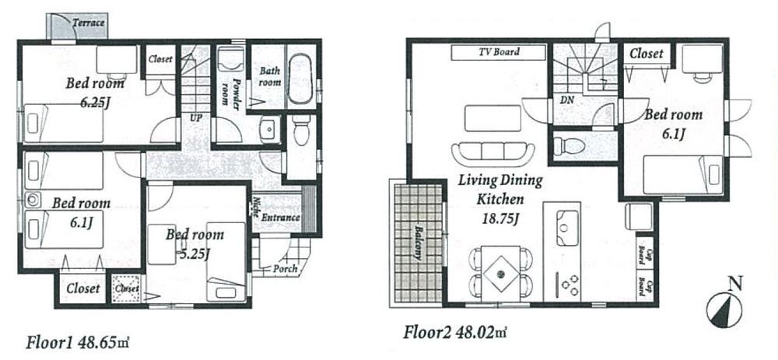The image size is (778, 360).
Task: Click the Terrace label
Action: pyautogui.click(x=89, y=23)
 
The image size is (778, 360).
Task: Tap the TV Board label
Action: pyautogui.click(x=498, y=52)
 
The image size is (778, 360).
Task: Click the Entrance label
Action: pyautogui.click(x=281, y=218)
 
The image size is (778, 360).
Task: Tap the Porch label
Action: pyautogui.click(x=285, y=269)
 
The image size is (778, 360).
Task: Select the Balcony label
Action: pyautogui.click(x=418, y=246)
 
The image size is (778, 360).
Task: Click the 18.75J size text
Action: pyautogui.click(x=499, y=216)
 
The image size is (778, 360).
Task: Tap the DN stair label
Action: pyautogui.click(x=566, y=101)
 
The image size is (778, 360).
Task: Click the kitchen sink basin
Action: pyautogui.click(x=564, y=220)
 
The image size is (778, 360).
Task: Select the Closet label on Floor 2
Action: pyautogui.click(x=646, y=54)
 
